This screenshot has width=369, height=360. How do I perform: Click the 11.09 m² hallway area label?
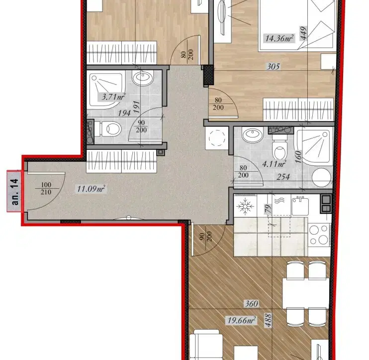(x=91, y=189)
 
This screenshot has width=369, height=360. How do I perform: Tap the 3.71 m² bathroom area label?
(x=113, y=97)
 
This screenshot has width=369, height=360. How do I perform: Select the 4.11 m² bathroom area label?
(x=274, y=163)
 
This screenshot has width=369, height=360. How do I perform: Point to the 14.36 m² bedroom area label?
(x=279, y=38)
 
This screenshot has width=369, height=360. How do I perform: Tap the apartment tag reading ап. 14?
(x=14, y=191)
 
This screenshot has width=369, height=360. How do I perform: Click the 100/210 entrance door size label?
(x=46, y=188)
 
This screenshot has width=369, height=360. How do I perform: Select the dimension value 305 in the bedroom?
(x=273, y=67)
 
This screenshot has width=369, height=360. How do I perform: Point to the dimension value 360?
(x=252, y=303)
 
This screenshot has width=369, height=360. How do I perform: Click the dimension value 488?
(x=268, y=320)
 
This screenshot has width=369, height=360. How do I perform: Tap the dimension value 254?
(x=283, y=177)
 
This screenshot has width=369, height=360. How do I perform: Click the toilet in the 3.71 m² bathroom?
(x=111, y=129)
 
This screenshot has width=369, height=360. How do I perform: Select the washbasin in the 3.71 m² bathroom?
(x=143, y=78)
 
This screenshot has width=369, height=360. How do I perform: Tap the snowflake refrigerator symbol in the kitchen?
(x=245, y=206)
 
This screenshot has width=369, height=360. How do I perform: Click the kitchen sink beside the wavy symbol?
(x=300, y=206)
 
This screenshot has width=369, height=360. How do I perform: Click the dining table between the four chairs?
(x=306, y=293)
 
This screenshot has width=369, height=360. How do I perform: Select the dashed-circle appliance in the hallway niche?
(x=217, y=138)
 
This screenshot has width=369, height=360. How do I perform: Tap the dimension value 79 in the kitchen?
(x=268, y=209)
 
